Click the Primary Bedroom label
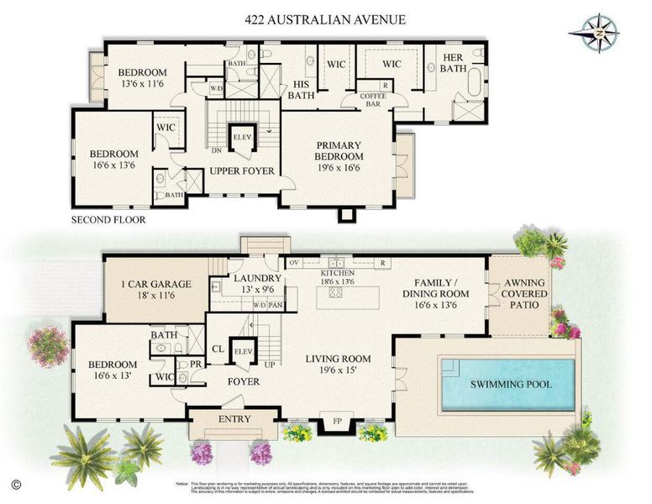point(339,150)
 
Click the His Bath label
point(302,90)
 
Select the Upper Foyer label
point(242,171)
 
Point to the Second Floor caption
point(109,220)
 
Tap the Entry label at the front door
point(234,419)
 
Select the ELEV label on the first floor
point(244,351)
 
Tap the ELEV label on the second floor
point(243,137)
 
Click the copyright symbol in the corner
point(15,485)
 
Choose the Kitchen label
point(337,274)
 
